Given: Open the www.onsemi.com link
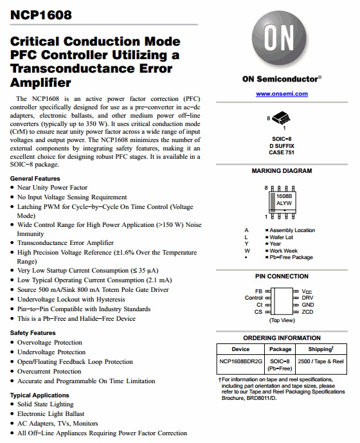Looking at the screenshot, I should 282,94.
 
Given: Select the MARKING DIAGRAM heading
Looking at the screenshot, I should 282,171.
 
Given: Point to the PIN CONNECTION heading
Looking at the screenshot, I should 282,276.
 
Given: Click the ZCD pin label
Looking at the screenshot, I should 308,311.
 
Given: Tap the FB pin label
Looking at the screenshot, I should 258,291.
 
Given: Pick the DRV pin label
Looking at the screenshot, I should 308,298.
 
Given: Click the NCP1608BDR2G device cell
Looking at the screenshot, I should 240,361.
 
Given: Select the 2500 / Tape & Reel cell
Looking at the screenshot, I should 321,361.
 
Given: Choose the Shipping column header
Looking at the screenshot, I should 321,349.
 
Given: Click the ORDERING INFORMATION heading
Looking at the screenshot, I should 282,338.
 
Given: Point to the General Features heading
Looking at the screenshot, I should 35,178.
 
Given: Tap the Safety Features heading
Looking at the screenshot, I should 33,333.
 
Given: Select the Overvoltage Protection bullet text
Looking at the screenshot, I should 50,343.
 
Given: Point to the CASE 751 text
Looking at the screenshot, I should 281,152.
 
